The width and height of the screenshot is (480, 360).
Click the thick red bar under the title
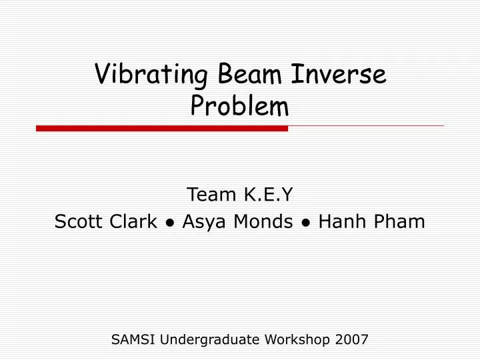pos(161,128)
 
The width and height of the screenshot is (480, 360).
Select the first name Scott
pos(77,222)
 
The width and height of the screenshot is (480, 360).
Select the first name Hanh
pos(339,222)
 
